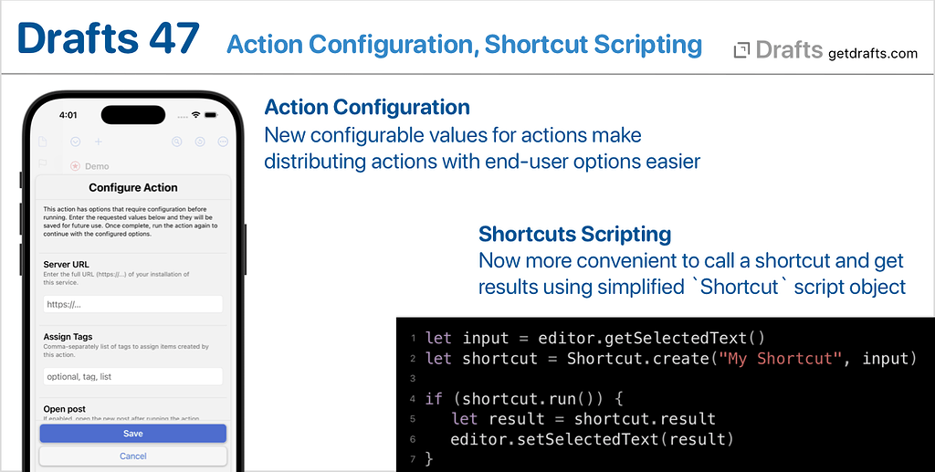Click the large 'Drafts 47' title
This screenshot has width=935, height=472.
pos(108,39)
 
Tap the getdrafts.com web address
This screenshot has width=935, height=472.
pos(872,53)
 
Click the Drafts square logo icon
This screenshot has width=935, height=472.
pos(742,51)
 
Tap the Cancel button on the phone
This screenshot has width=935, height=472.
pos(132,456)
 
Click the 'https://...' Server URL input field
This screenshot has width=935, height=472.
pos(132,305)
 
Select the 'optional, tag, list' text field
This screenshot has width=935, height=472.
pos(132,376)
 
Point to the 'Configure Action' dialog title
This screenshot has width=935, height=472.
pos(133,188)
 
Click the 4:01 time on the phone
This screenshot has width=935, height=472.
pos(68,116)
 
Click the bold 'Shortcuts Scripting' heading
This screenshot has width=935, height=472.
pos(574,235)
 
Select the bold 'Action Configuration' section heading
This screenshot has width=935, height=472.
pos(366,108)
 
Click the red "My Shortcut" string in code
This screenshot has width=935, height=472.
pos(782,359)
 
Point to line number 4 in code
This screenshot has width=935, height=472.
pos(414,399)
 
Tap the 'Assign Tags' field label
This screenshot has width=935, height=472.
pos(68,337)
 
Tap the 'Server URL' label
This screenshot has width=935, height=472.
pos(66,265)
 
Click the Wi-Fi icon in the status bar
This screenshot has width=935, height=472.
pos(194,115)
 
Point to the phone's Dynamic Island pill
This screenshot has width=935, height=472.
pos(133,115)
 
